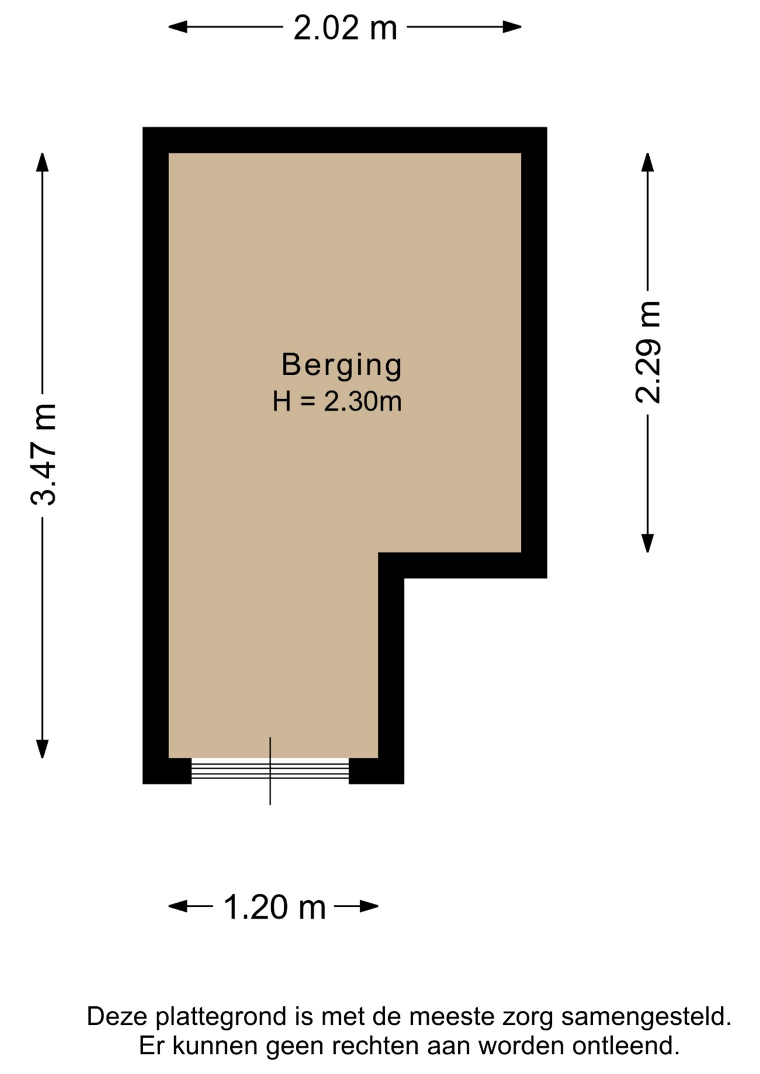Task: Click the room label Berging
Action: (341, 365)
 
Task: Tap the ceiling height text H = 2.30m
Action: (337, 402)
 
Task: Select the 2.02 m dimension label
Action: (345, 27)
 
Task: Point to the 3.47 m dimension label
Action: (43, 454)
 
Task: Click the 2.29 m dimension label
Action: (648, 352)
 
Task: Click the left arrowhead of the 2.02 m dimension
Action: (178, 27)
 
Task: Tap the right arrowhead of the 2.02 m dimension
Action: (512, 27)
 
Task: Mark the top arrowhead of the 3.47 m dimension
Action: (43, 162)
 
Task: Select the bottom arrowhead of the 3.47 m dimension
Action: (43, 748)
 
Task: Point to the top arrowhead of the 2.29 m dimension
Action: (648, 162)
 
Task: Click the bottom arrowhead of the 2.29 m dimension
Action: (648, 543)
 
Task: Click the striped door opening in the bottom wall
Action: (270, 770)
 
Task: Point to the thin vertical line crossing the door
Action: (270, 771)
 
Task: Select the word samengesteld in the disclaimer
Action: (646, 1016)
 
